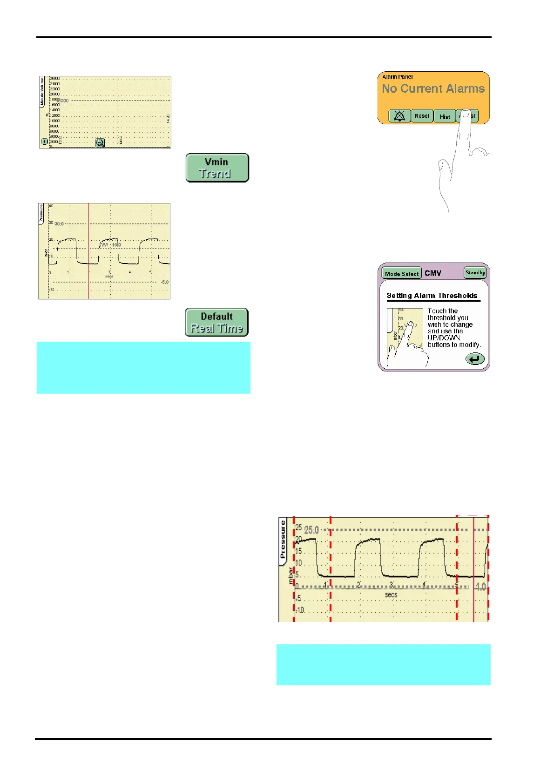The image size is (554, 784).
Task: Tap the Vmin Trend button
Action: pyautogui.click(x=217, y=168)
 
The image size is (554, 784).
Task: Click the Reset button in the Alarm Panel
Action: pyautogui.click(x=422, y=116)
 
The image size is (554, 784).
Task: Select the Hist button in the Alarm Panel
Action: pyautogui.click(x=445, y=116)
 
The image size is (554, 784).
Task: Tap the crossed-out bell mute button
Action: pyautogui.click(x=399, y=116)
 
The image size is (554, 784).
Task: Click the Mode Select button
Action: pyautogui.click(x=401, y=273)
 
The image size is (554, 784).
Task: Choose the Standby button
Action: pyautogui.click(x=475, y=273)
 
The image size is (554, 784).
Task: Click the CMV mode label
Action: pyautogui.click(x=433, y=273)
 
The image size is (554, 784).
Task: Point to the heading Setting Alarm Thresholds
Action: pyautogui.click(x=432, y=296)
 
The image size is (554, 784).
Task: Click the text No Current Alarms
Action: pyautogui.click(x=433, y=88)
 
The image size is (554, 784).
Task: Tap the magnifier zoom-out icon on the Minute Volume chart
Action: pyautogui.click(x=100, y=143)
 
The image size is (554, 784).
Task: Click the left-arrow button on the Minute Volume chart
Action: pyautogui.click(x=45, y=142)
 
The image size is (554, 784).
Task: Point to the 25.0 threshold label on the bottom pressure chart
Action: pyautogui.click(x=311, y=530)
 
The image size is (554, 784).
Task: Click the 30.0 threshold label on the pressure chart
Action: pyautogui.click(x=59, y=224)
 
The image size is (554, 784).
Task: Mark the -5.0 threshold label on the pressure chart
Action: pyautogui.click(x=164, y=282)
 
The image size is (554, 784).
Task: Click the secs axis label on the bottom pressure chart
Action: pyautogui.click(x=391, y=595)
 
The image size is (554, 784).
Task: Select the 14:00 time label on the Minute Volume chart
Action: pyautogui.click(x=121, y=139)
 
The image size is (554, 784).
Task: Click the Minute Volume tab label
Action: pyautogui.click(x=42, y=92)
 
